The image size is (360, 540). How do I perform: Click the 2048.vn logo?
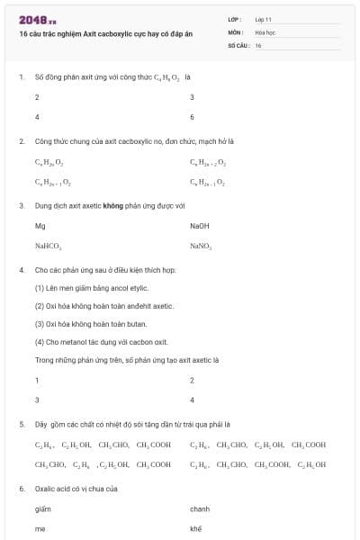pyautogui.click(x=37, y=20)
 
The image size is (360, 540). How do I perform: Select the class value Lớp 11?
pyautogui.click(x=263, y=19)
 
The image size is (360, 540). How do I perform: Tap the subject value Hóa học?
pyautogui.click(x=265, y=31)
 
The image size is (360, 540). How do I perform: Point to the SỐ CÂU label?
pyautogui.click(x=238, y=45)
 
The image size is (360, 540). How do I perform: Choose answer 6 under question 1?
pyautogui.click(x=193, y=117)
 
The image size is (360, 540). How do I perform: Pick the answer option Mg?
pyautogui.click(x=40, y=226)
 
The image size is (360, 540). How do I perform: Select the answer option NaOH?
pyautogui.click(x=199, y=226)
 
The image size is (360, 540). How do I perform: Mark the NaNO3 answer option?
pyautogui.click(x=201, y=246)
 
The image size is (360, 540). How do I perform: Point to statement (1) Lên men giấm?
pyautogui.click(x=91, y=288)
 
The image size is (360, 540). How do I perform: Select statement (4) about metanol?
pyautogui.click(x=101, y=342)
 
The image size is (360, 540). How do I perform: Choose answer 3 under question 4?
pyautogui.click(x=37, y=400)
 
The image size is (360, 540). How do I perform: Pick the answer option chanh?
pyautogui.click(x=199, y=509)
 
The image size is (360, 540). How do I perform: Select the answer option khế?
pyautogui.click(x=196, y=529)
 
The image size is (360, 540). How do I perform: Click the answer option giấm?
pyautogui.click(x=41, y=509)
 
